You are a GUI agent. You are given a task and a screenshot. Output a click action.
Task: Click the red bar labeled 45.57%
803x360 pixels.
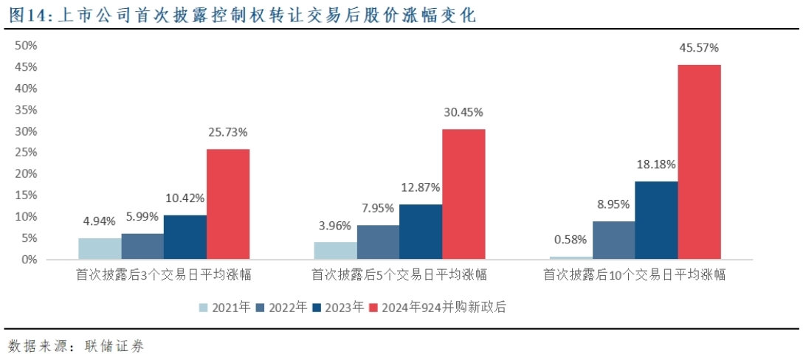coord(699,162)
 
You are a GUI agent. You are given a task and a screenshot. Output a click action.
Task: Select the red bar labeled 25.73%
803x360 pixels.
coord(228,204)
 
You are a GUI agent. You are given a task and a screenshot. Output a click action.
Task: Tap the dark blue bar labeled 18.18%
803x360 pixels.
coord(656,220)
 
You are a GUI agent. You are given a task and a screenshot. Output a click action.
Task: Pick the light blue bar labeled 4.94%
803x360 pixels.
coord(100,249)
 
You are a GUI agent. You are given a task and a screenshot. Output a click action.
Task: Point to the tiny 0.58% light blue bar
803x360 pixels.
coord(571,257)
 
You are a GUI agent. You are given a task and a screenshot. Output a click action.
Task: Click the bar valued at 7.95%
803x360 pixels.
coord(378,242)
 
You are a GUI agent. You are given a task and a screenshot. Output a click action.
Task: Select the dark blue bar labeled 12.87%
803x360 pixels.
coord(421,232)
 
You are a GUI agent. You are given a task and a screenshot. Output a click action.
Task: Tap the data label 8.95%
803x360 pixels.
coord(613,204)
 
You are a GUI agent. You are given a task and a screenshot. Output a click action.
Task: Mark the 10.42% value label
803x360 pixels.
coord(185,198)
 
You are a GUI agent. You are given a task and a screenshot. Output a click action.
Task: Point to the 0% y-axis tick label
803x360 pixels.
coord(29,260)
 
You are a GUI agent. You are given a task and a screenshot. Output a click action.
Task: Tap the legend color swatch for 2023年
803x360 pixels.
coord(317,308)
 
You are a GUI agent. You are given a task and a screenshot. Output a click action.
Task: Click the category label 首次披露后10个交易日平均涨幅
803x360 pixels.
coord(635,275)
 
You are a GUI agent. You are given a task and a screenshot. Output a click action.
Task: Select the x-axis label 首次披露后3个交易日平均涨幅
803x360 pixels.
coord(164,275)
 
